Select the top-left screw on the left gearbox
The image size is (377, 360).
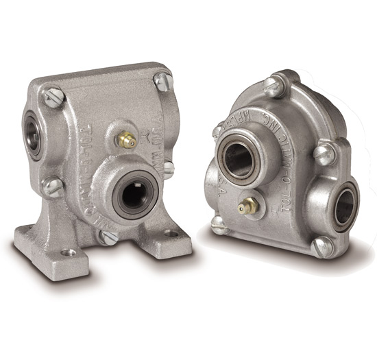[x=53, y=97]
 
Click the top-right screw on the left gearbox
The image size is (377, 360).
[x=162, y=81]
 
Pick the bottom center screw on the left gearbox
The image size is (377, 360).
[x=108, y=237]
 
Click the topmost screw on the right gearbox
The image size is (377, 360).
[x=272, y=87]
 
